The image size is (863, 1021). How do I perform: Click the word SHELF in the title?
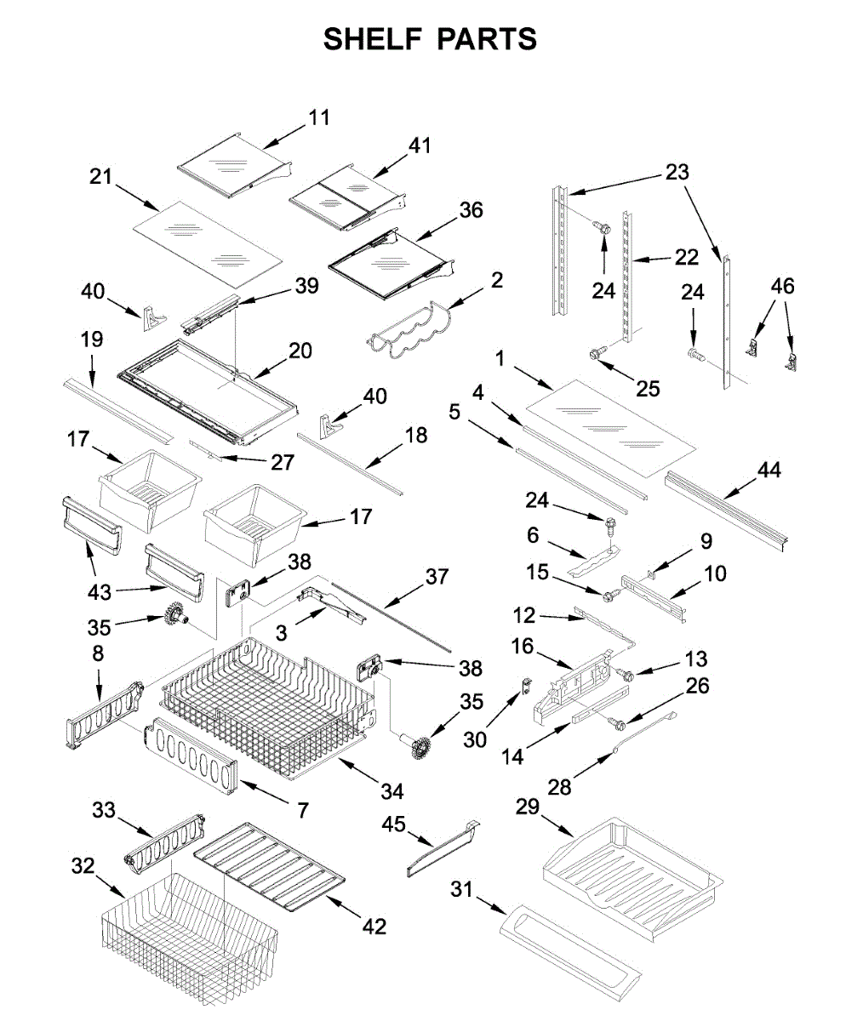[372, 39]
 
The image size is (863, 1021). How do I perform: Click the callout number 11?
[319, 118]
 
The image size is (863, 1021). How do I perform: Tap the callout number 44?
[769, 470]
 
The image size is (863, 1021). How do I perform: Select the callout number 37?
[437, 577]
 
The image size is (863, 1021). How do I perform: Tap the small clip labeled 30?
[527, 686]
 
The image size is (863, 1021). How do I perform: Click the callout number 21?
[100, 176]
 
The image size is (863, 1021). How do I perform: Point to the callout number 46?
[783, 286]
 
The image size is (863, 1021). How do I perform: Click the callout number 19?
[91, 339]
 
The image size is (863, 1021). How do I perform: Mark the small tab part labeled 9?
[651, 573]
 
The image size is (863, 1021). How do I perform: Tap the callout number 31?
[462, 889]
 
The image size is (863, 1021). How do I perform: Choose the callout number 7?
[303, 810]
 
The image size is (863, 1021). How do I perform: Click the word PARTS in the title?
[487, 39]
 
